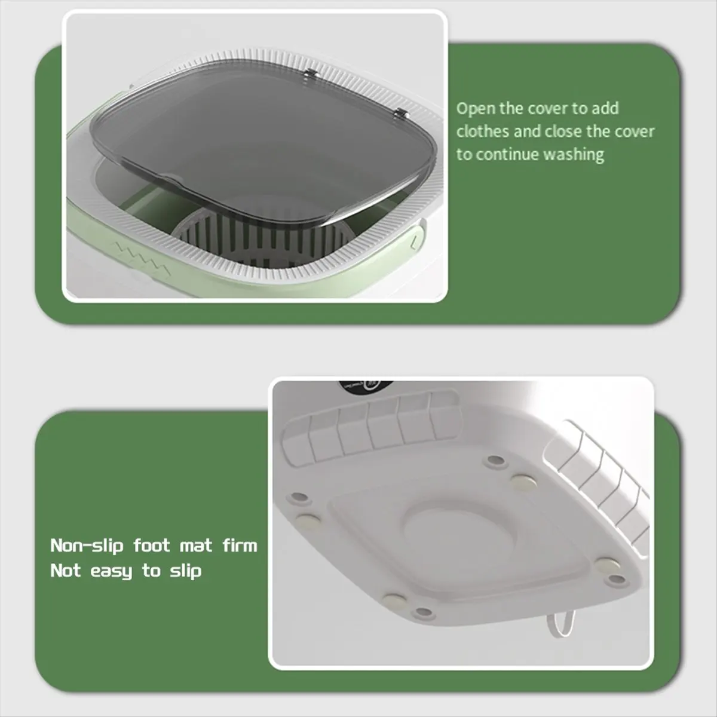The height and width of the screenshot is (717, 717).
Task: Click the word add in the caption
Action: click(x=605, y=109)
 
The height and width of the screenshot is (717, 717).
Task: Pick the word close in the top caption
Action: click(x=563, y=131)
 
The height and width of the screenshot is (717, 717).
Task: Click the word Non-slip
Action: click(x=87, y=546)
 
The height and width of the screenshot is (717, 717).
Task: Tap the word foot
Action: click(x=152, y=546)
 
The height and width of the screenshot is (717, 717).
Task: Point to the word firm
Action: click(x=240, y=545)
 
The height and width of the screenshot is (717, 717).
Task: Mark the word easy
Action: click(x=111, y=572)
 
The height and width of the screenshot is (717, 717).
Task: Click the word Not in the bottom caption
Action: click(x=65, y=571)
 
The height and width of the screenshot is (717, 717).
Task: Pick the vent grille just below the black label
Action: click(x=370, y=425)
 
